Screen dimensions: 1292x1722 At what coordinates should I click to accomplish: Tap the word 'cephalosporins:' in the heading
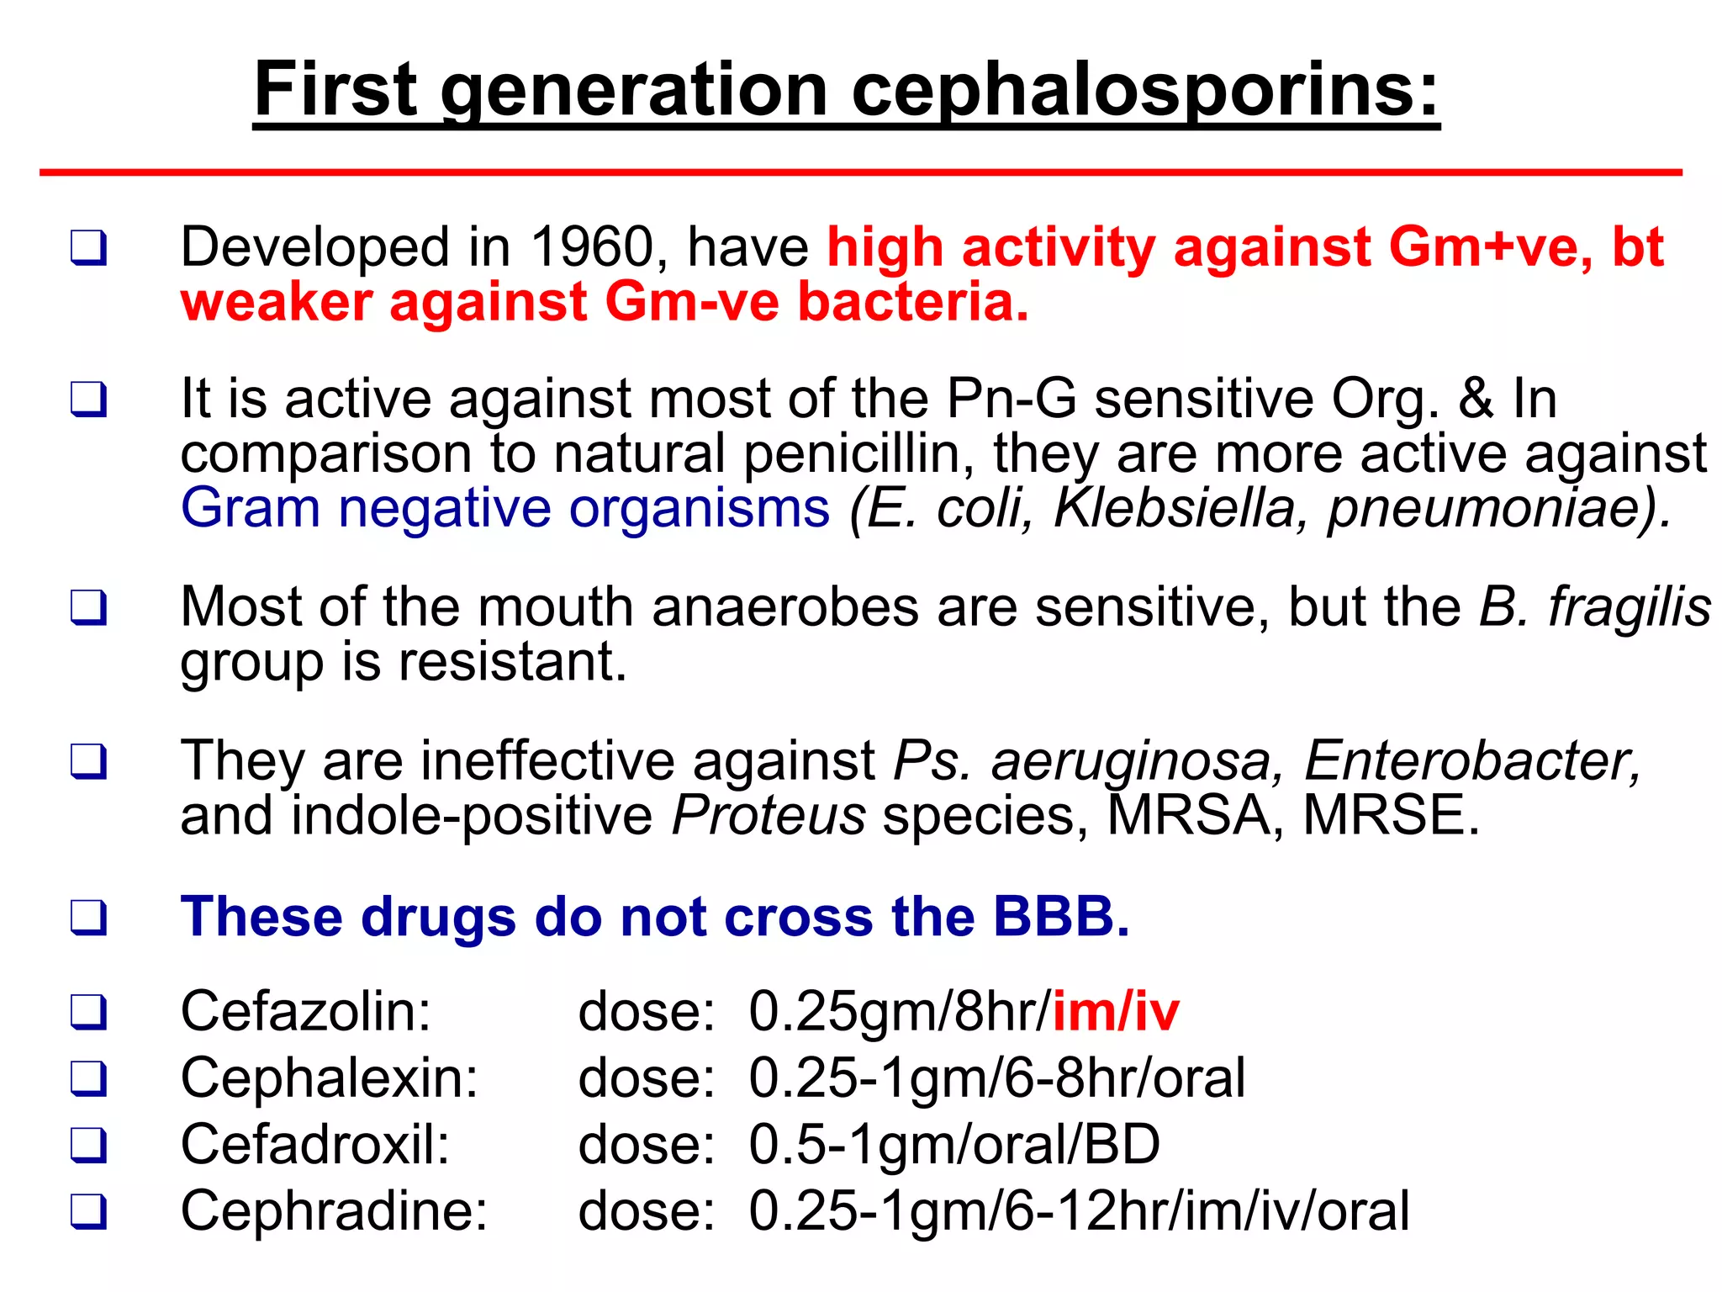point(1145,91)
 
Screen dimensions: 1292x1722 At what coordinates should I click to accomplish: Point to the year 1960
point(592,247)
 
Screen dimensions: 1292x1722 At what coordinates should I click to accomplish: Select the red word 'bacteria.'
point(913,302)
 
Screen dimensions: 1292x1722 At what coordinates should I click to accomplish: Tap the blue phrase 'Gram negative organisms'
point(505,508)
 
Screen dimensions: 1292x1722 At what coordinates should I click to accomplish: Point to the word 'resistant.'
point(513,662)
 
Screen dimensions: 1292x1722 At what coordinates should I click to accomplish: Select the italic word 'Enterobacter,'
point(1471,760)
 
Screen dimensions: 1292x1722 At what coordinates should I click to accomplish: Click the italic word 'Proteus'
point(769,815)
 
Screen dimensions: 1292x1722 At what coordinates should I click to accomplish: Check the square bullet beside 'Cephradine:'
point(89,1212)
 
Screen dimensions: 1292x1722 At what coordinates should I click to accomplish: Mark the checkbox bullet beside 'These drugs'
point(89,917)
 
